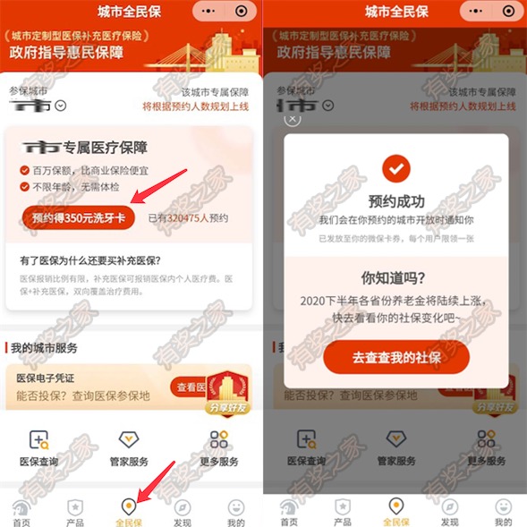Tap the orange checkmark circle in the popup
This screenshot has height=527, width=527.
(x=395, y=168)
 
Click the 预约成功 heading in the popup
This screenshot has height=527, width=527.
(x=395, y=200)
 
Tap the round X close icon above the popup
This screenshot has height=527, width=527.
(x=293, y=117)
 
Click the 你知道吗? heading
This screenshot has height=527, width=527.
(x=395, y=277)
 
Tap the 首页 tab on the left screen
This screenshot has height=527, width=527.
(x=21, y=512)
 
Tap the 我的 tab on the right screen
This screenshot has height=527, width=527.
(x=503, y=512)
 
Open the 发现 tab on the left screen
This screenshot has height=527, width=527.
(x=182, y=512)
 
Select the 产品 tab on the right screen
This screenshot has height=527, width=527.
(x=343, y=512)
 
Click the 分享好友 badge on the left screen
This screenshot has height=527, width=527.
(x=227, y=394)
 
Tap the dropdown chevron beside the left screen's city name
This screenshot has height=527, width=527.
(x=61, y=106)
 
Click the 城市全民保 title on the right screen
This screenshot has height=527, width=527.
(x=395, y=12)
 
